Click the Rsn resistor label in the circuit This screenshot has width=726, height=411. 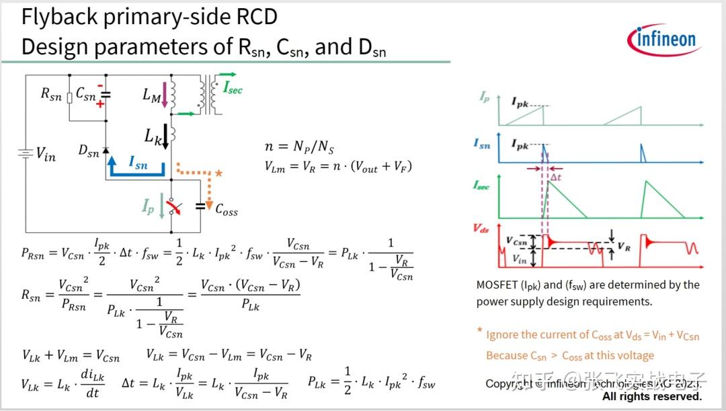[x=51, y=96]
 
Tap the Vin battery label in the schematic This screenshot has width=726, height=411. [x=46, y=155]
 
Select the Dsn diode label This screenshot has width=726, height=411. [x=88, y=152]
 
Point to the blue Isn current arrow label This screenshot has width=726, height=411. [x=138, y=164]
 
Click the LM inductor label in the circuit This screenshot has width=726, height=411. [x=152, y=96]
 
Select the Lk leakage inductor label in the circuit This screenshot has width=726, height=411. [x=153, y=136]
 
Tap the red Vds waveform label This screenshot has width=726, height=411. [x=482, y=229]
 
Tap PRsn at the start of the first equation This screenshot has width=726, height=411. [x=34, y=253]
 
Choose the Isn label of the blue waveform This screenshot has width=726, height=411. [x=481, y=143]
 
